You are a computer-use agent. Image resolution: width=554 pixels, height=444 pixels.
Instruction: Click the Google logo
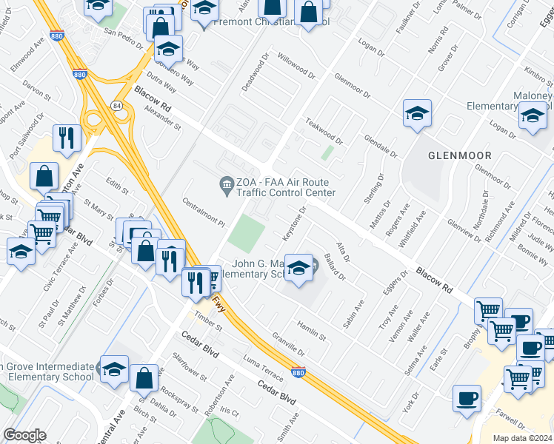(x=24, y=435)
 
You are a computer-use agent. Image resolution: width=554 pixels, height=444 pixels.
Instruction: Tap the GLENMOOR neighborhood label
(x=458, y=156)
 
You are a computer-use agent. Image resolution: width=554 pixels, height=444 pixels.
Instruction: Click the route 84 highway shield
(x=117, y=106)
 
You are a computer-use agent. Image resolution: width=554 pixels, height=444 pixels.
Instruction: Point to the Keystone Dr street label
(x=294, y=222)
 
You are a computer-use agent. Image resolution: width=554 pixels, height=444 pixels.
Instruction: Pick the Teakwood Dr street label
(x=324, y=134)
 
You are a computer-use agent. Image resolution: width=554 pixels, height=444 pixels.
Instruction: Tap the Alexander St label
(x=163, y=117)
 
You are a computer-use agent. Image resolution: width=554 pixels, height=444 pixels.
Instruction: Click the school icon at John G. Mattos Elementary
(x=298, y=267)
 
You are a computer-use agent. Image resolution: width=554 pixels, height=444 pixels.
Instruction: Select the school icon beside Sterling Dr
(x=417, y=114)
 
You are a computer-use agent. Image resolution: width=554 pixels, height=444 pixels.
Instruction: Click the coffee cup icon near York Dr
(x=467, y=397)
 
